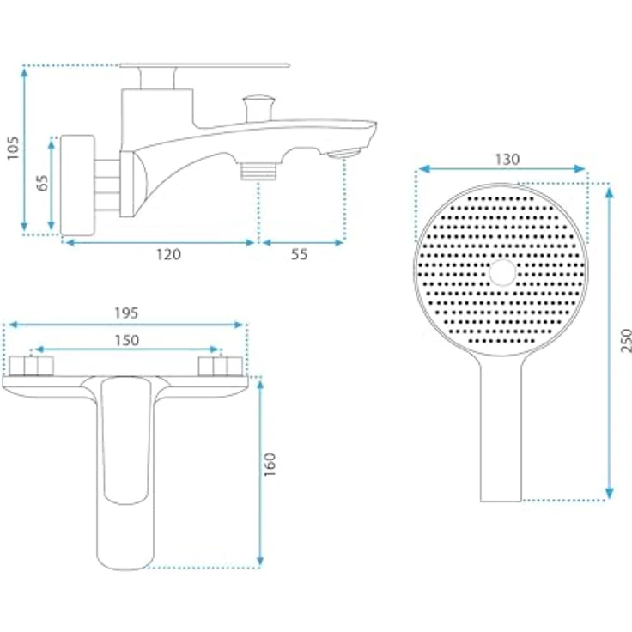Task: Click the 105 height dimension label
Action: (13, 148)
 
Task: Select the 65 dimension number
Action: (42, 183)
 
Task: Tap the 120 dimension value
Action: (168, 254)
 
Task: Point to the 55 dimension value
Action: (300, 254)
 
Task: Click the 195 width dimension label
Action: (126, 313)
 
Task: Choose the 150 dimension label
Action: (127, 340)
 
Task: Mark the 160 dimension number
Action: (270, 465)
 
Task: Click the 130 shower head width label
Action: (507, 160)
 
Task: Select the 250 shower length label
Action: (626, 341)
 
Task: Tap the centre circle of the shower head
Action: (502, 272)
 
